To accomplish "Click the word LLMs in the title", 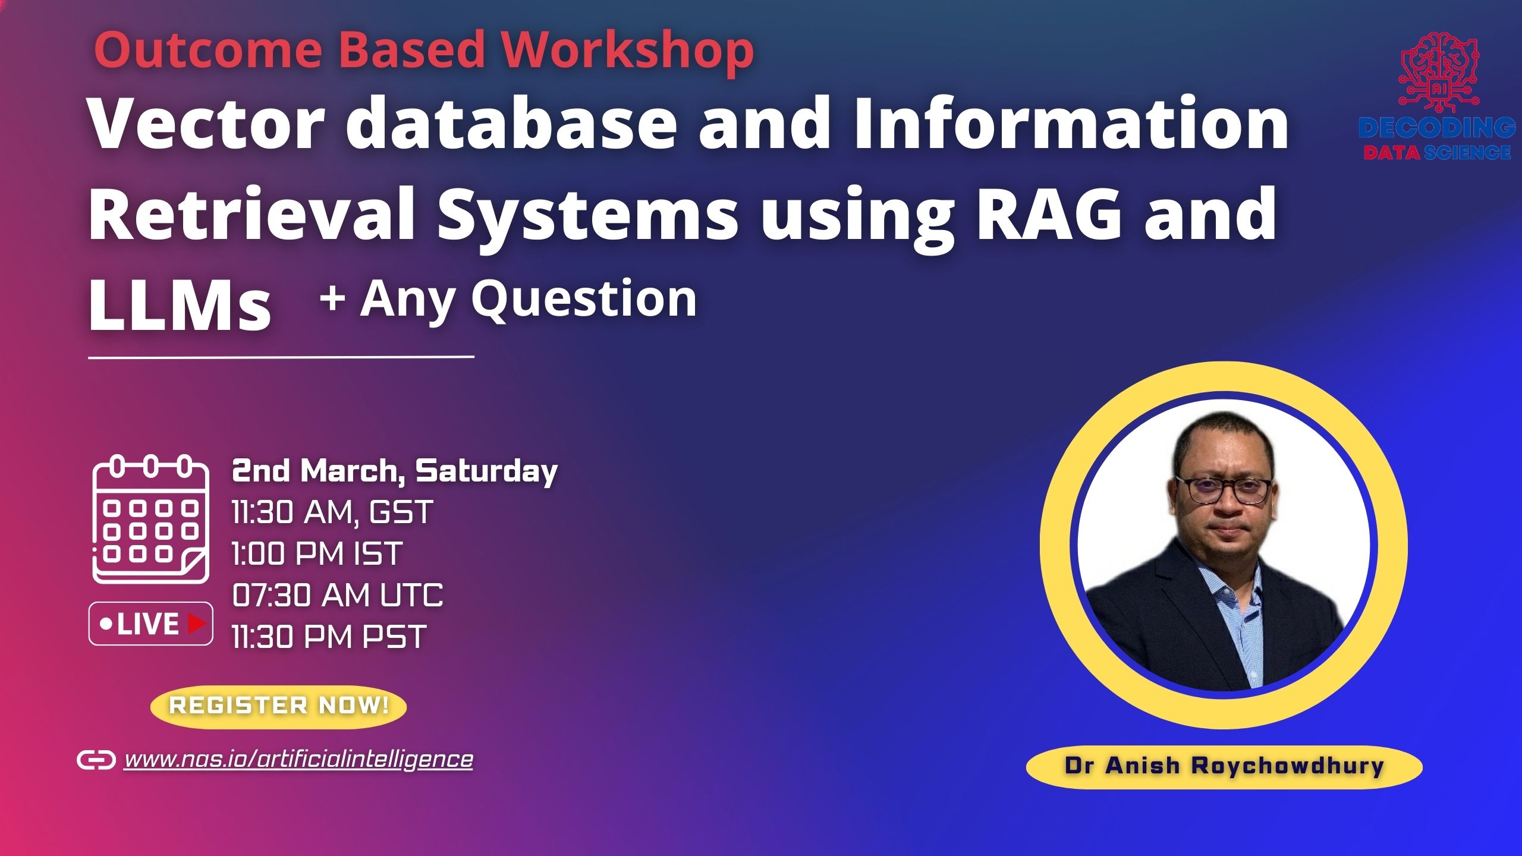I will pos(180,306).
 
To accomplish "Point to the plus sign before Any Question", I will pos(332,298).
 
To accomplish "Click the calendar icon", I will pos(150,519).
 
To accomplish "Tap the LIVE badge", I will pos(151,624).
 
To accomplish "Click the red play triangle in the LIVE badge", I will pos(196,624).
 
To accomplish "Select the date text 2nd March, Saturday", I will pos(394,471).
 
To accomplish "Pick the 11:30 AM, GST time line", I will pos(332,512).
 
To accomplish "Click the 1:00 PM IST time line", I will pos(317,553).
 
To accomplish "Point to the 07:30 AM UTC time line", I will pos(337,595).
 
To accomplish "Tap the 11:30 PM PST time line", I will pos(329,637).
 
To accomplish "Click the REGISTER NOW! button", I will pos(278,706).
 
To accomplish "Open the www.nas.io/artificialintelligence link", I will pos(298,760).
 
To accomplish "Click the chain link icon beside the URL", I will pos(96,760).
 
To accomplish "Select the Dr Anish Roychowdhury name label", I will pos(1224,766).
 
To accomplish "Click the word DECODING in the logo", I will pos(1436,128).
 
